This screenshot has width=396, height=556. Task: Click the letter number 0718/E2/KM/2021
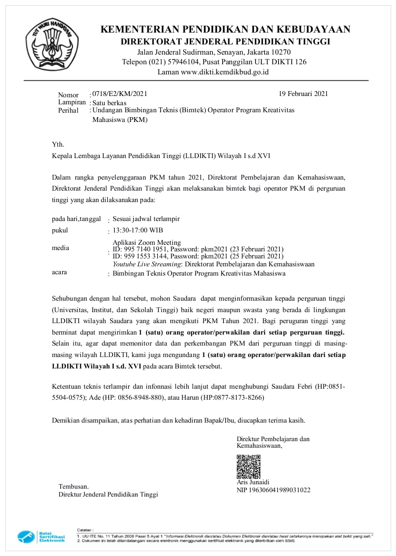[x=120, y=94]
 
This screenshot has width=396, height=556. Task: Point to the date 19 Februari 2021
[x=303, y=94]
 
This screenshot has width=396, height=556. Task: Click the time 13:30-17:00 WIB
[x=138, y=230]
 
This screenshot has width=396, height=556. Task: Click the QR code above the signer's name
[x=249, y=467]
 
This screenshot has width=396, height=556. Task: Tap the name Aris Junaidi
[x=253, y=482]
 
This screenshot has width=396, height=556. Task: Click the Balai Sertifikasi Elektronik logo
[x=41, y=537]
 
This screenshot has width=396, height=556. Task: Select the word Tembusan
[x=73, y=486]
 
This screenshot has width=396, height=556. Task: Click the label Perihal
[x=68, y=110]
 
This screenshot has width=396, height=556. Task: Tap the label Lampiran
[x=72, y=102]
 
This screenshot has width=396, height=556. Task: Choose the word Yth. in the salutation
[x=58, y=144]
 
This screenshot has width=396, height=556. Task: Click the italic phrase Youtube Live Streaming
[x=147, y=264]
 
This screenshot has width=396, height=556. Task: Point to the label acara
[x=59, y=272]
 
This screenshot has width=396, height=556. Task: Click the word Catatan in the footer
[x=85, y=530]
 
